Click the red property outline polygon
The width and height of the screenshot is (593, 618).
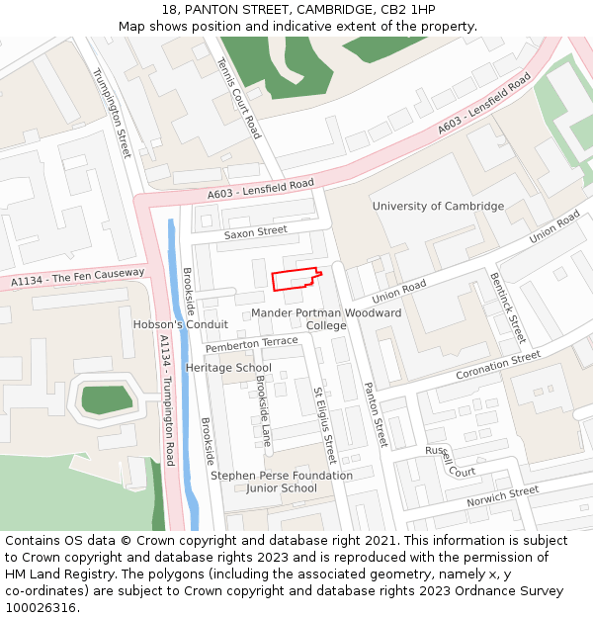click(x=295, y=280)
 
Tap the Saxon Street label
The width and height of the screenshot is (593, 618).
click(x=255, y=232)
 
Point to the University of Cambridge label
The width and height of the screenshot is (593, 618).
click(x=438, y=207)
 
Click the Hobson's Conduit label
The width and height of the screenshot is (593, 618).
click(x=181, y=324)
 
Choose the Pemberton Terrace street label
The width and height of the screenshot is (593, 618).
click(x=251, y=344)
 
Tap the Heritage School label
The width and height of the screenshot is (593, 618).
click(x=228, y=368)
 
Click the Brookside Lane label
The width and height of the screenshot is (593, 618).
click(x=264, y=410)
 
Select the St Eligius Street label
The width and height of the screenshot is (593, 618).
click(x=325, y=425)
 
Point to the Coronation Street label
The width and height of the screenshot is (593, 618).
click(x=498, y=366)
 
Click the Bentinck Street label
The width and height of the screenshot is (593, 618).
click(x=507, y=308)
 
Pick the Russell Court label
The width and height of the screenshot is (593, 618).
click(x=451, y=461)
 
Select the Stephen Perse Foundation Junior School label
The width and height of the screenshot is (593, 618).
click(x=282, y=482)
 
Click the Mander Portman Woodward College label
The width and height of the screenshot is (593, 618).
click(x=326, y=318)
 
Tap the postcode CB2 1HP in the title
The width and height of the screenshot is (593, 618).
click(x=407, y=10)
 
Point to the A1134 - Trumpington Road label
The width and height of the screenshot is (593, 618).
click(x=167, y=399)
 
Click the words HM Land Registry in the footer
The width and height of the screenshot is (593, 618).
click(x=49, y=574)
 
